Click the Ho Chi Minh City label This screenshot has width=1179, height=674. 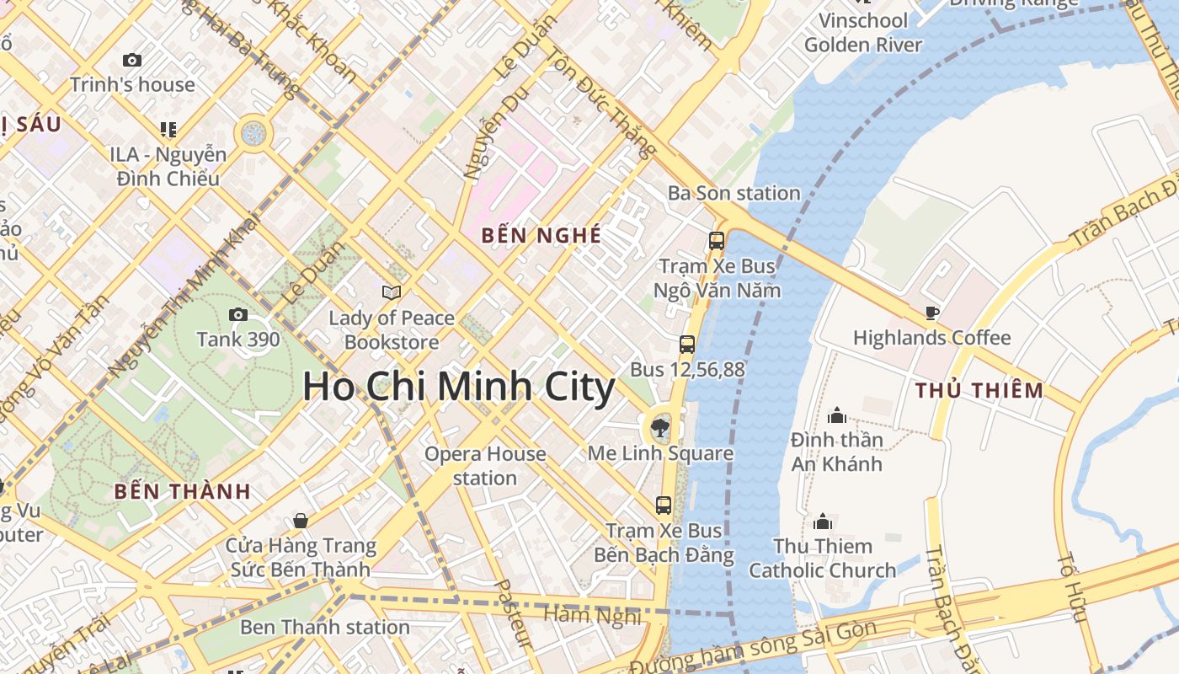point(459,388)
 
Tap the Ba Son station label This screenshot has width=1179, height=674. point(734,193)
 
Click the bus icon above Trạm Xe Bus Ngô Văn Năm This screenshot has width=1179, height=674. point(717,241)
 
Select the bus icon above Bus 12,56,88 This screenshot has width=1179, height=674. point(687,344)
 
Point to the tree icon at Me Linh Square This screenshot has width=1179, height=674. point(661,428)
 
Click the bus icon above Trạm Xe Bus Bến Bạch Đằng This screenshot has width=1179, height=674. point(664,505)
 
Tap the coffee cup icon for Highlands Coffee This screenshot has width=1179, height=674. point(931,313)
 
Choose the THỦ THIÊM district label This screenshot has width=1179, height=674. point(979,390)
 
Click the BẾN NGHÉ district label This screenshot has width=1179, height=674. point(541,235)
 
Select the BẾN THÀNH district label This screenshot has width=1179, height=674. point(182,491)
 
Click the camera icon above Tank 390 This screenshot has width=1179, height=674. point(238,315)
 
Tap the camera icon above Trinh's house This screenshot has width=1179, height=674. point(132,60)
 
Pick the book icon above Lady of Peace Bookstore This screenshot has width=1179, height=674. point(392,292)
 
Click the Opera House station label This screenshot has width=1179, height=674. point(485,466)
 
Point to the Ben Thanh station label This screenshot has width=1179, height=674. point(325,627)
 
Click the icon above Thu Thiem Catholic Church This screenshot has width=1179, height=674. point(823,522)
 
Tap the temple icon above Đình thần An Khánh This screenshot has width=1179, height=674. point(837,415)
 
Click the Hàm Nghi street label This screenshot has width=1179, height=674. point(592,615)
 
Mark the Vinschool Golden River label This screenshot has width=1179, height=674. point(863,32)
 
